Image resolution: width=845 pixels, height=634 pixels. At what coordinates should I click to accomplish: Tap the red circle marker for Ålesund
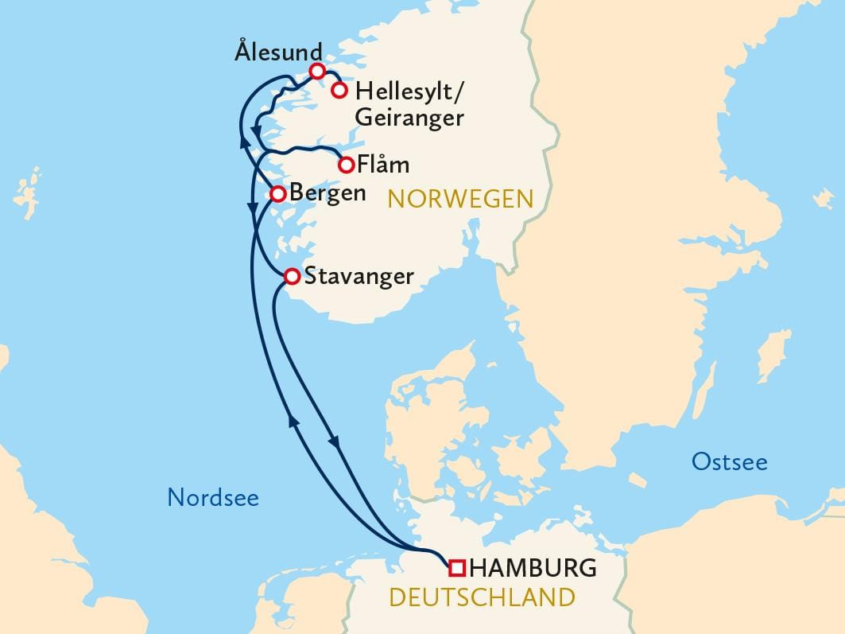pyautogui.click(x=316, y=71)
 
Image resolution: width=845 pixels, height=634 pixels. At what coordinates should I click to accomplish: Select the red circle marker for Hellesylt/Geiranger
pyautogui.click(x=339, y=89)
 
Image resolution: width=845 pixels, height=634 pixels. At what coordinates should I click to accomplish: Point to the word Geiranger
pyautogui.click(x=409, y=119)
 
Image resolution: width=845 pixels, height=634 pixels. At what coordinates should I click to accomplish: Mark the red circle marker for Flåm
pyautogui.click(x=346, y=165)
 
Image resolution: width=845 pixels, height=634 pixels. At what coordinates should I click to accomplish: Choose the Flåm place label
pyautogui.click(x=384, y=165)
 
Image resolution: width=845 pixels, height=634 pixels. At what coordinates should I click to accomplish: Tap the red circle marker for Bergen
pyautogui.click(x=278, y=193)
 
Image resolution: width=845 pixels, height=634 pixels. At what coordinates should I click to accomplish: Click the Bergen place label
pyautogui.click(x=328, y=194)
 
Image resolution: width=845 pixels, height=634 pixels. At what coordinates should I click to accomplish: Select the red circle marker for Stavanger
pyautogui.click(x=292, y=276)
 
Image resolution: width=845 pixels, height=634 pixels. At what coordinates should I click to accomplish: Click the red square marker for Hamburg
pyautogui.click(x=456, y=567)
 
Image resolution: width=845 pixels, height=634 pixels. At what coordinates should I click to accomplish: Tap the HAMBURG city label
pyautogui.click(x=533, y=568)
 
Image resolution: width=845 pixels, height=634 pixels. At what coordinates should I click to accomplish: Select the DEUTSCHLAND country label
pyautogui.click(x=481, y=597)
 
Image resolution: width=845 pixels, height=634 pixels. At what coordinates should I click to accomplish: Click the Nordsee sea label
pyautogui.click(x=213, y=498)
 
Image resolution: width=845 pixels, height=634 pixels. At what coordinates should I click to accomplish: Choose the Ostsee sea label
pyautogui.click(x=729, y=461)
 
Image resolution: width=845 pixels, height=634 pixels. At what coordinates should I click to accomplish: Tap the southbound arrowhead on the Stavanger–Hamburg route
pyautogui.click(x=335, y=442)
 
